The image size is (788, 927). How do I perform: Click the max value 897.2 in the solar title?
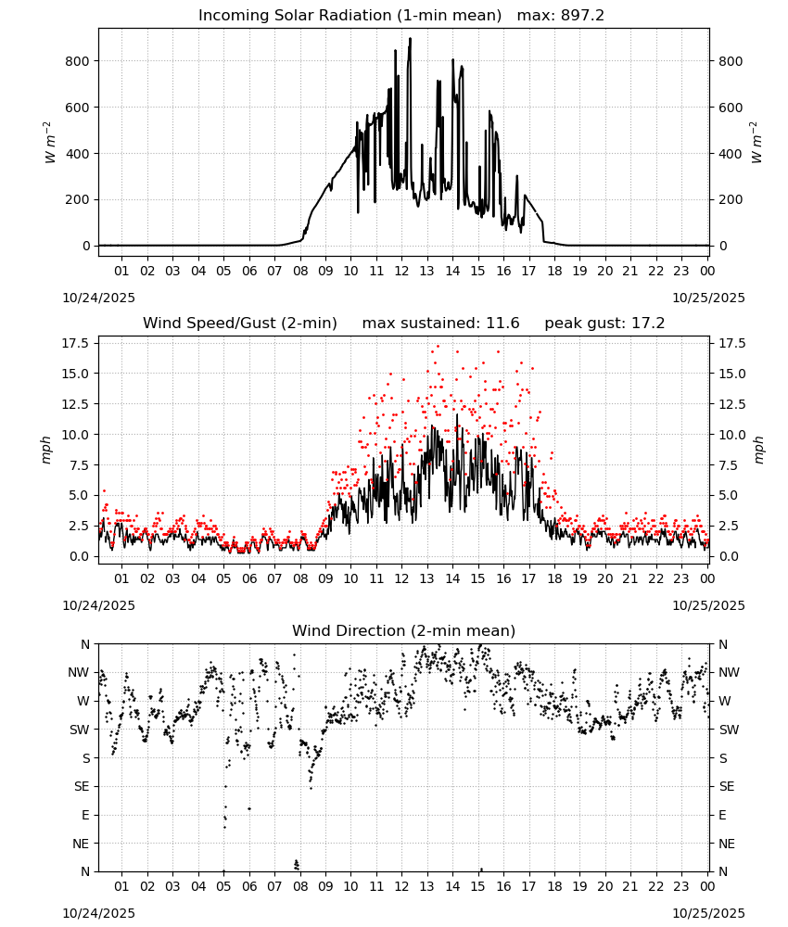[582, 15]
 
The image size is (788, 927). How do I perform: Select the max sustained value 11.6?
[502, 323]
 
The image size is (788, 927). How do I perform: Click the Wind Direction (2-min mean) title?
[404, 630]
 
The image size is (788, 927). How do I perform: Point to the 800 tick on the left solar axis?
[79, 61]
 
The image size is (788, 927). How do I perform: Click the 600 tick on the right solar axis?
[731, 108]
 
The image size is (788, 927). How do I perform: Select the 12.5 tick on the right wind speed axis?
[732, 404]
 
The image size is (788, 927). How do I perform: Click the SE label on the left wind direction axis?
[82, 787]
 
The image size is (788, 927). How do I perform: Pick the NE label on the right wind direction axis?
[727, 844]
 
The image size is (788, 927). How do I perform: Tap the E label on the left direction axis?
[85, 815]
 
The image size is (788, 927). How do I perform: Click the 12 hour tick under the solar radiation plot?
[401, 271]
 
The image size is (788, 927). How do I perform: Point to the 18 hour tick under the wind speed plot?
[553, 578]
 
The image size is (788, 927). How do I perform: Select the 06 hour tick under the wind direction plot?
[248, 886]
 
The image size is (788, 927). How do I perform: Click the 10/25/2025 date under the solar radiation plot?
[708, 298]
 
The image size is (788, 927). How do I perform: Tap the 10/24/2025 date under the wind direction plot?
[98, 913]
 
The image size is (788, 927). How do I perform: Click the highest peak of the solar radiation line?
[411, 38]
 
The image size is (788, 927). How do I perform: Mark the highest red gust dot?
[438, 347]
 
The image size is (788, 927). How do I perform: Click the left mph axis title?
[46, 450]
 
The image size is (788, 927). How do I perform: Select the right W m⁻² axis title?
[756, 143]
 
